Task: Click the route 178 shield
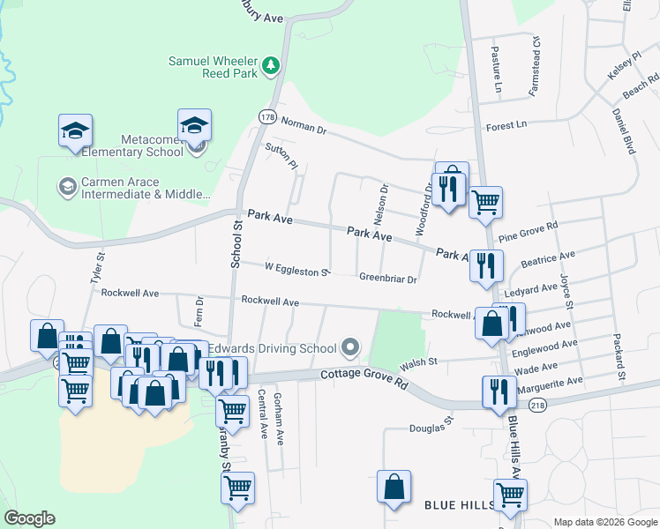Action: tap(267, 116)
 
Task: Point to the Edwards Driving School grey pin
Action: tap(351, 347)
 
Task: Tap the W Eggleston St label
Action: tap(296, 267)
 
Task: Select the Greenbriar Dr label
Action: tap(387, 278)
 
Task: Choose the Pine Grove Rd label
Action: tap(529, 232)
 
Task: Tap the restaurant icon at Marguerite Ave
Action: tap(499, 391)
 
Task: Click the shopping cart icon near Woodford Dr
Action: tap(485, 202)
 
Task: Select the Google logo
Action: tap(29, 518)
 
